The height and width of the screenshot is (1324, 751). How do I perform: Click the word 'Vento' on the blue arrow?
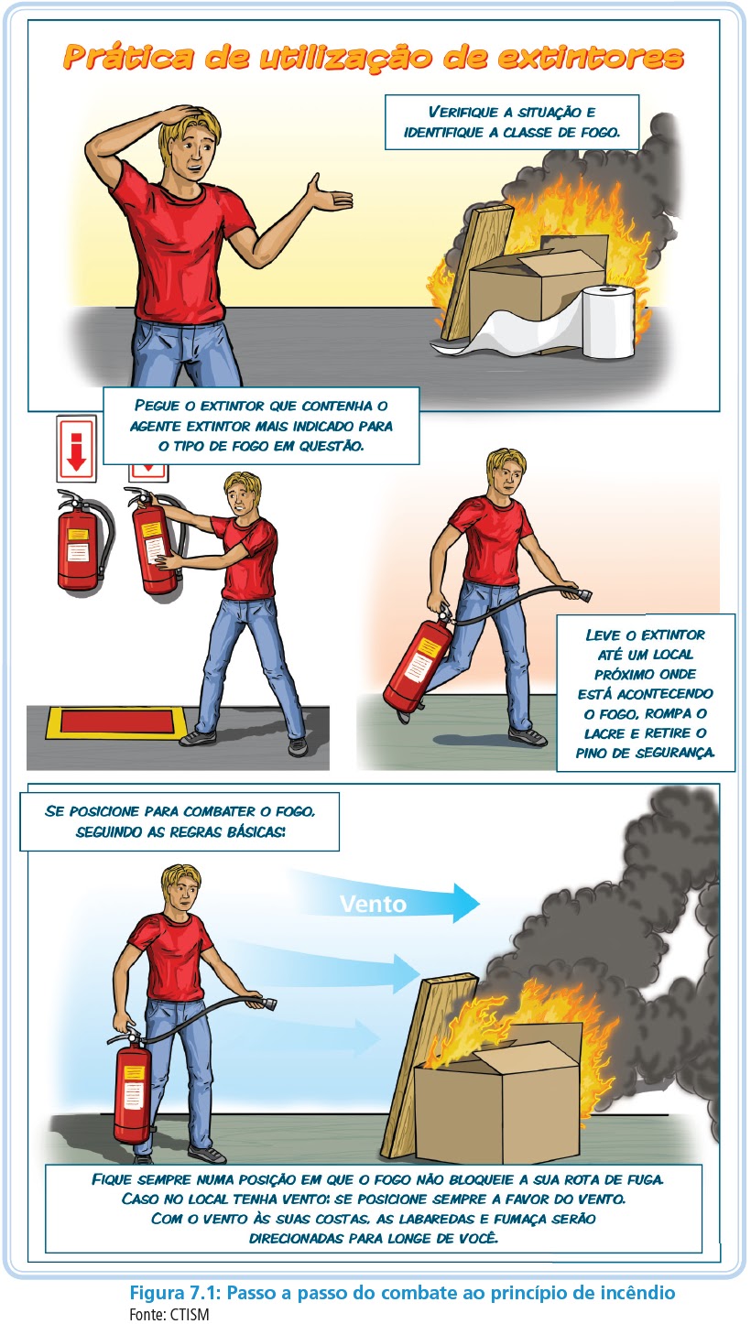[x=373, y=905]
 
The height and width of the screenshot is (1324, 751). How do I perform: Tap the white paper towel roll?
[x=608, y=321]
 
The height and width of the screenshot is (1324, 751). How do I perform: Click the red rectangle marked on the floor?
[x=116, y=722]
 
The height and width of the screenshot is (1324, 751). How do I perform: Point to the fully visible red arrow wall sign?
[x=76, y=448]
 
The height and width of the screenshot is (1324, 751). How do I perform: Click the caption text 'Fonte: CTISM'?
[x=169, y=1314]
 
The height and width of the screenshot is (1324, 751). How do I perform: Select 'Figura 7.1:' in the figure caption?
[x=174, y=1292]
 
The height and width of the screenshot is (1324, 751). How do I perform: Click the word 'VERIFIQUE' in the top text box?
[x=463, y=112]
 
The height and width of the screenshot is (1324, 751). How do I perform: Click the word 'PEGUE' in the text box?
[x=157, y=406]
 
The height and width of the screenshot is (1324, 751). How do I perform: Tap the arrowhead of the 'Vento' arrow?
[x=466, y=903]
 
